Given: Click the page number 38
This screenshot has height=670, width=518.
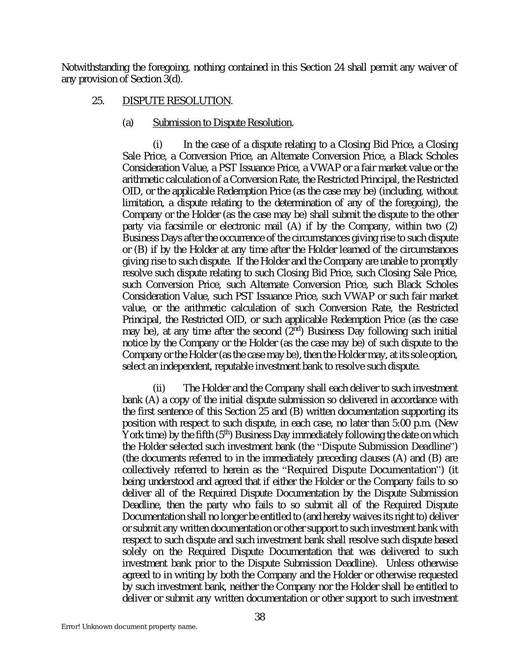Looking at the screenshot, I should [260, 617].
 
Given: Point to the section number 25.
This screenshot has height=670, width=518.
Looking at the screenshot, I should [98, 101].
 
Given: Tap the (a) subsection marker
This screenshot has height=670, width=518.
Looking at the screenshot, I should [128, 123].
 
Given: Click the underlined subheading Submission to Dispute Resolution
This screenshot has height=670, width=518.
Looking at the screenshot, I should [222, 123].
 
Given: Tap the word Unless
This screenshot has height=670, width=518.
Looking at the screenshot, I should [402, 563].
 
